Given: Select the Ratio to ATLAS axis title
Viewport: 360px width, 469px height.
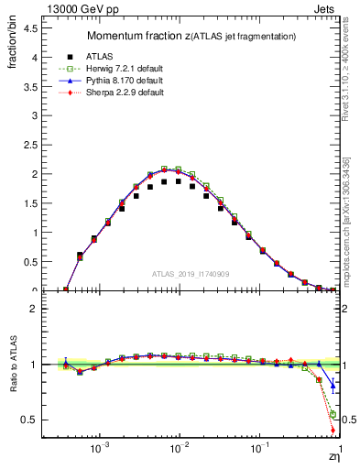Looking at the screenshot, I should coord(12,367).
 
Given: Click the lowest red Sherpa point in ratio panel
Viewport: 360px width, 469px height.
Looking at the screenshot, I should coord(333,430).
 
